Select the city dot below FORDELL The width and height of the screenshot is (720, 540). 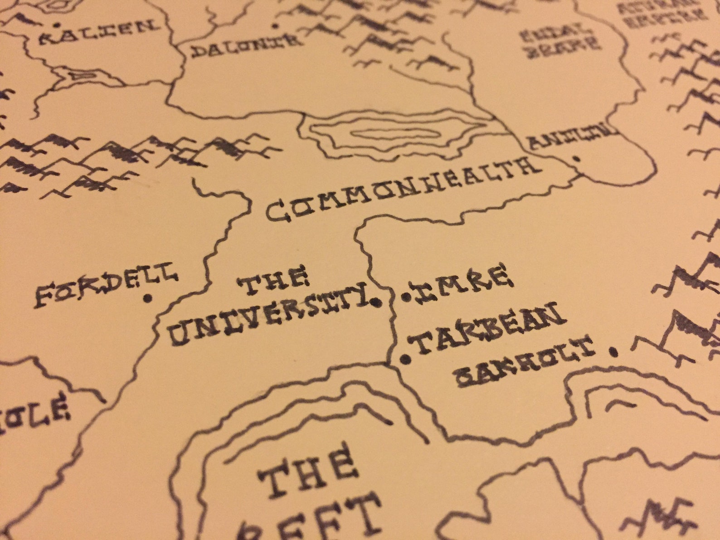point(147,298)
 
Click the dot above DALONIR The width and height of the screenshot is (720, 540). point(274,26)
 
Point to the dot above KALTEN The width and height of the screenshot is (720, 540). point(57,24)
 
